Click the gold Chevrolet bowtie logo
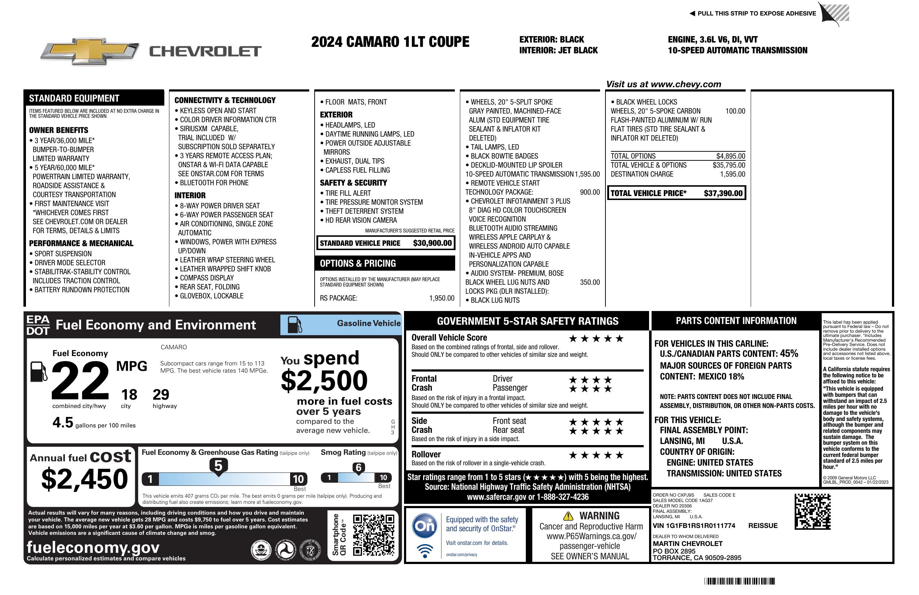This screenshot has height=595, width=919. click(x=89, y=51)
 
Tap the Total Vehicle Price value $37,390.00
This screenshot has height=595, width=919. click(x=723, y=194)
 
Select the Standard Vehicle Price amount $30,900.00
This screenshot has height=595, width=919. click(x=432, y=243)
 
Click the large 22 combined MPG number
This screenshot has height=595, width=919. click(x=80, y=381)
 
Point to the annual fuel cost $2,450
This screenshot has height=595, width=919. click(x=85, y=479)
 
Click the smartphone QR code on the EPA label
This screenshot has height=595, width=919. click(x=373, y=535)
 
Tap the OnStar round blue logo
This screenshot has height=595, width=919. click(x=425, y=525)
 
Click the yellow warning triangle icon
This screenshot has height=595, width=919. click(x=568, y=516)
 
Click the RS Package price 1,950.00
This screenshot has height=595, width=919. click(x=442, y=298)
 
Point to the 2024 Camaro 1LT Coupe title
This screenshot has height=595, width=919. click(x=390, y=42)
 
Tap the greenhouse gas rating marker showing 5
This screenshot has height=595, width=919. click(x=218, y=467)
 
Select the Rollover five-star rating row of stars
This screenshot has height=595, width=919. click(x=596, y=456)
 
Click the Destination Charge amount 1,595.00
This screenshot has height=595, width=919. click(x=732, y=174)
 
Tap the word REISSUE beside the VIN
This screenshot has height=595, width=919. click(x=763, y=526)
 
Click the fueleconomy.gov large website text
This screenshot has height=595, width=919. click(x=93, y=547)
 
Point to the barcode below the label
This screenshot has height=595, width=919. click(x=740, y=581)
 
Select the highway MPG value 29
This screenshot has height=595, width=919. click(x=161, y=395)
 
